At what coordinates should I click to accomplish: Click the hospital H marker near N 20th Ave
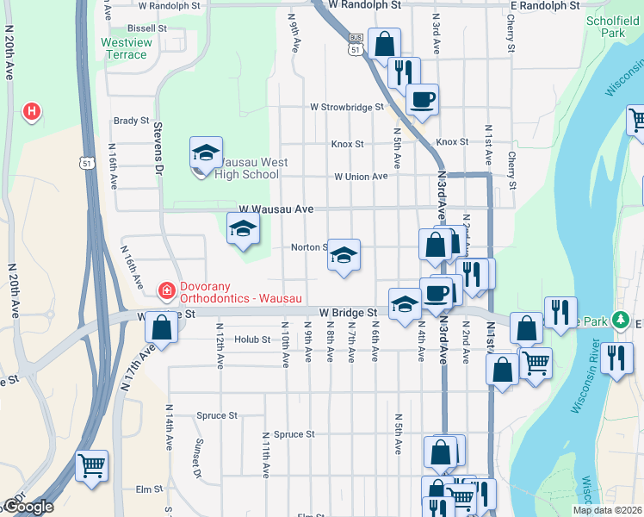coord(32,111)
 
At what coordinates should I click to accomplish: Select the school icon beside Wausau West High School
coord(206,154)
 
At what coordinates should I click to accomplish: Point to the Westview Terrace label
coord(124,48)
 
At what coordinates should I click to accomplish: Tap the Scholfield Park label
coord(616,26)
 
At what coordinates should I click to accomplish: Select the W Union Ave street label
coord(361,177)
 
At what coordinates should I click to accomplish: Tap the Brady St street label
coord(131,121)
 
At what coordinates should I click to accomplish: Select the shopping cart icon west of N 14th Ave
coord(91,466)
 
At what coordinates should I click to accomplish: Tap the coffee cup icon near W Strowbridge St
coord(422,99)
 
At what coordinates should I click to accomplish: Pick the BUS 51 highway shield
coord(355,45)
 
